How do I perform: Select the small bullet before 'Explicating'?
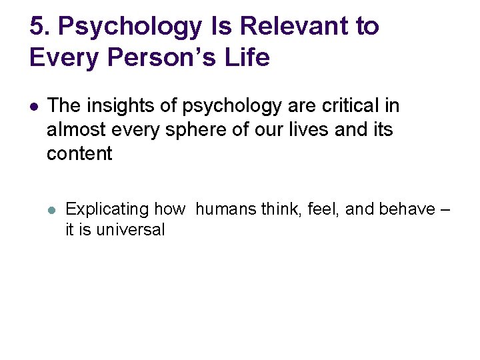[x=53, y=209]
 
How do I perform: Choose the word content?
[x=79, y=153]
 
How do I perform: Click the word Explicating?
[x=107, y=209]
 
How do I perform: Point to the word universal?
[x=131, y=231]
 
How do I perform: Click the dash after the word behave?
[x=445, y=209]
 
